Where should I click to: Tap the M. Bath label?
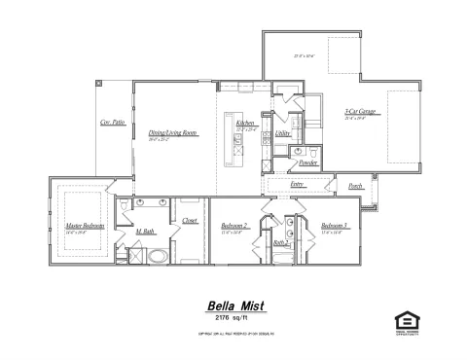point(146,232)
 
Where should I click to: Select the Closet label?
point(190,221)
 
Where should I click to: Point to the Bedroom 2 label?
point(234,225)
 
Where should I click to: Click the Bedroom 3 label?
point(334,225)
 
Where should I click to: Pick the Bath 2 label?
point(279,242)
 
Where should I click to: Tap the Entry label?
point(298,184)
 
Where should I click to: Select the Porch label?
point(355,184)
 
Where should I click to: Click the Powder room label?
point(308,163)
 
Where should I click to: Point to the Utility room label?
point(282,132)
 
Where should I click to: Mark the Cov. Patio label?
point(112,123)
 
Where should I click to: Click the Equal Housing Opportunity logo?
point(404,319)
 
